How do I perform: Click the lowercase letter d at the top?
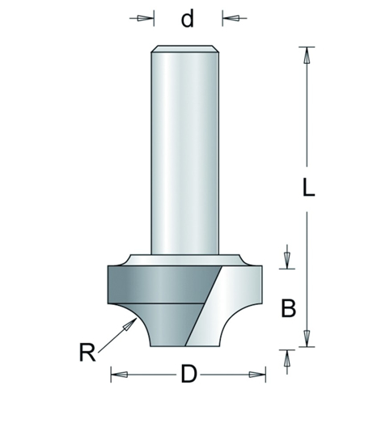pyautogui.click(x=188, y=18)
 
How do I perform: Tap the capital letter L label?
pyautogui.click(x=307, y=188)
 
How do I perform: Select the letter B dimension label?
pyautogui.click(x=288, y=308)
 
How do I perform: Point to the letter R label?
pyautogui.click(x=88, y=353)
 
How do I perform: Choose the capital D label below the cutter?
pyautogui.click(x=188, y=375)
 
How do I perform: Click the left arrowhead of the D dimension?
pyautogui.click(x=115, y=375)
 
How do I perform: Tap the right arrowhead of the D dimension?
pyautogui.click(x=259, y=375)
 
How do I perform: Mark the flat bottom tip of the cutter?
pyautogui.click(x=188, y=346)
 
